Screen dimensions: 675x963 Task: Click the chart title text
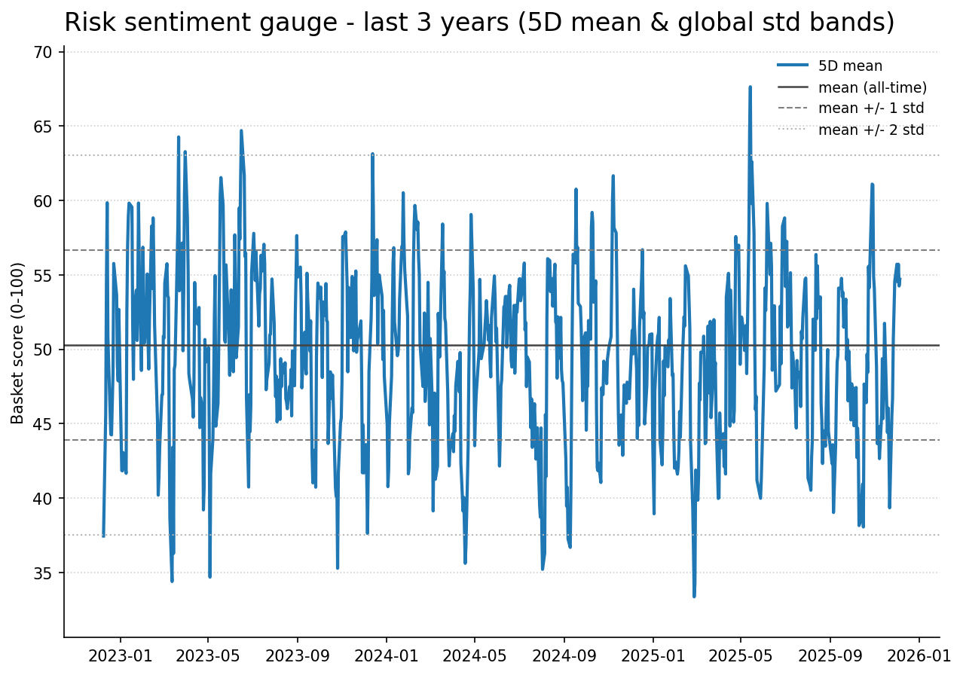point(479,23)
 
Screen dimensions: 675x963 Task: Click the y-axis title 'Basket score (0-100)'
point(18,343)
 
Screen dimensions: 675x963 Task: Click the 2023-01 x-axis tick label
point(120,655)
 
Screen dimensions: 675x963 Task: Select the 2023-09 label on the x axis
point(298,655)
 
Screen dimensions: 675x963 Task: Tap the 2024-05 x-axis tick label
point(475,655)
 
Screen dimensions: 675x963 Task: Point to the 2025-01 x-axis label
point(653,655)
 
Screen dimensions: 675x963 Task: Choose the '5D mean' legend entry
point(850,66)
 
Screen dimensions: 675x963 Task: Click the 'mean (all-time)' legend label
point(872,87)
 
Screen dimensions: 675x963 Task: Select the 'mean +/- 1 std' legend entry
point(870,108)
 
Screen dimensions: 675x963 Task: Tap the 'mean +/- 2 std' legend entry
point(870,130)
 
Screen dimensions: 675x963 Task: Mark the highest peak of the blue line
point(750,87)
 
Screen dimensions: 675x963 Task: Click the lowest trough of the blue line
point(694,596)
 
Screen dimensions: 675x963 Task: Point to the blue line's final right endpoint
point(900,279)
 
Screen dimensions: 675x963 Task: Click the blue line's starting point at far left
point(103,536)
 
